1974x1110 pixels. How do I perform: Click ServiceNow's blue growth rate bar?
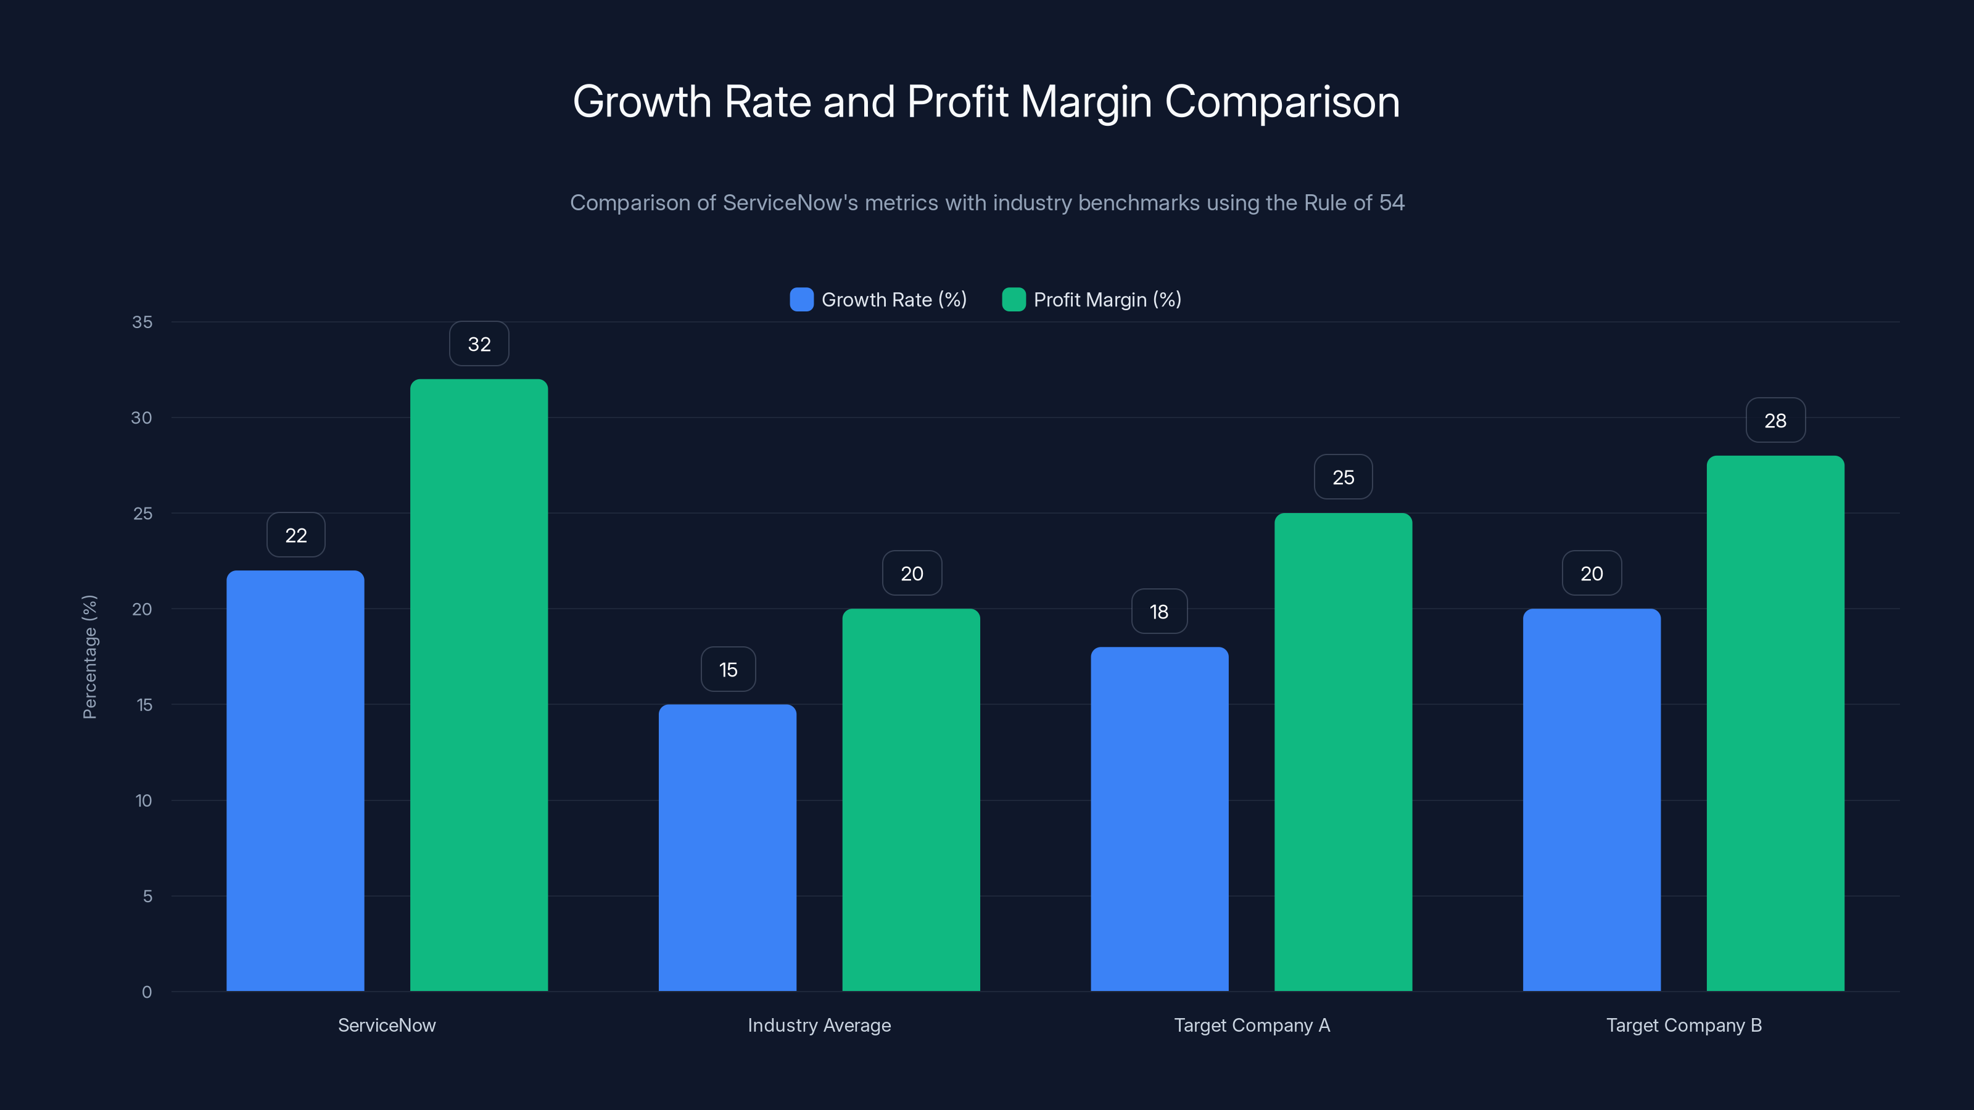[295, 781]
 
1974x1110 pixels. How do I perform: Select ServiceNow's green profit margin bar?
[479, 686]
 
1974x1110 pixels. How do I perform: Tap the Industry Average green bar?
[911, 800]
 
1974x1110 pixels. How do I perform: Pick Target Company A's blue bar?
[1160, 820]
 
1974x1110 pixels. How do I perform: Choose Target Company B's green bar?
[1775, 724]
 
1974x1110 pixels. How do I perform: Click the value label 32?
[479, 344]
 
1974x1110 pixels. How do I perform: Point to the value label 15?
[728, 670]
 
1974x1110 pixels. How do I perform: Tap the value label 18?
[1158, 611]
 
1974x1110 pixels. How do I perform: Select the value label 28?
[1775, 421]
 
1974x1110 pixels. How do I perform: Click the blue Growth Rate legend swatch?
[801, 300]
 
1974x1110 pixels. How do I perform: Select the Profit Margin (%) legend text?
[1107, 300]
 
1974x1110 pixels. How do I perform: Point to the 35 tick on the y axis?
[142, 322]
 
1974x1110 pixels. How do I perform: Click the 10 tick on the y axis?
[143, 800]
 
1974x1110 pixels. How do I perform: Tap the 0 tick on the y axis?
[146, 992]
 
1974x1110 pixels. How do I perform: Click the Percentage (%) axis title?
[89, 657]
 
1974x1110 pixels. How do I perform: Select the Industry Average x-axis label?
[819, 1025]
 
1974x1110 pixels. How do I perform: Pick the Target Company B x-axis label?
[1683, 1025]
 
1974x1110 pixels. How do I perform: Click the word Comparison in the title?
[1282, 102]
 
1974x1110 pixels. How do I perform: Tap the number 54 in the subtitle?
[1392, 202]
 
